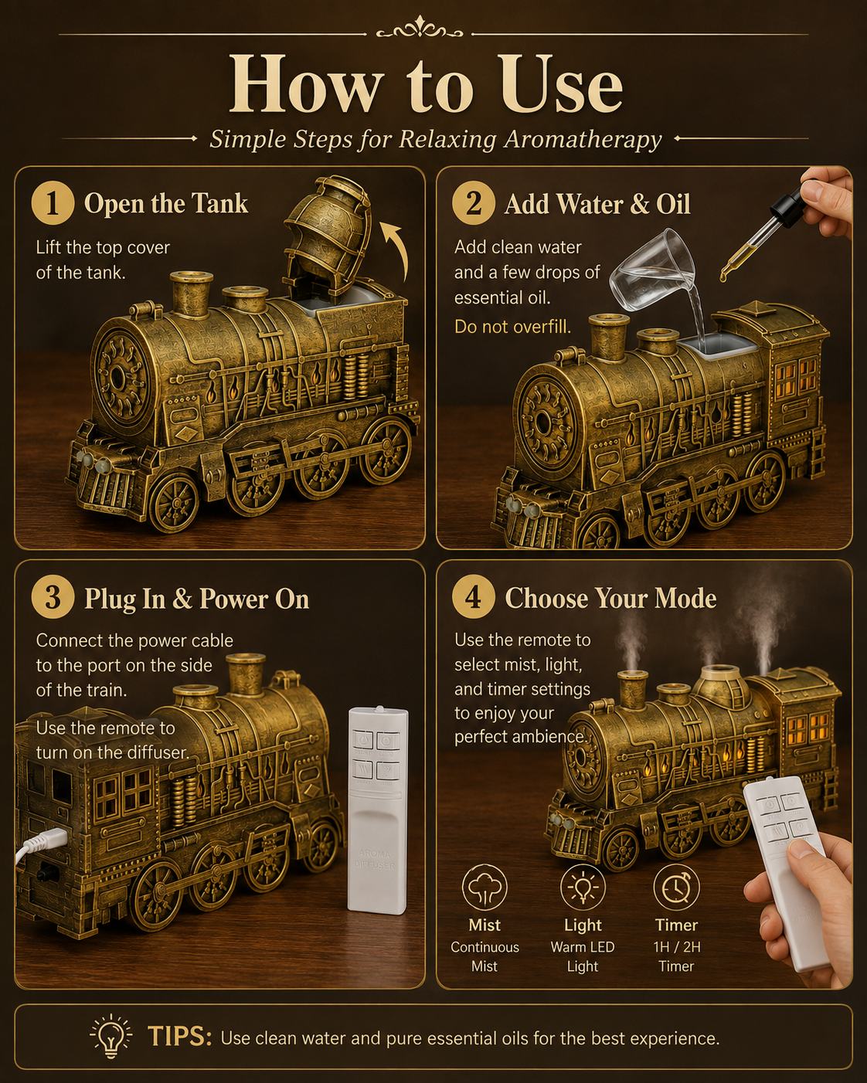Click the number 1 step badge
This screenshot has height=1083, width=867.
click(53, 203)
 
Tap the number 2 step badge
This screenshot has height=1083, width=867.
click(473, 203)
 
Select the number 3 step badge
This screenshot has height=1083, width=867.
click(53, 598)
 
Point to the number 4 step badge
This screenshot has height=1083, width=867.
click(473, 598)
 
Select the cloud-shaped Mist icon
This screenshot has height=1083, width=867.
click(484, 889)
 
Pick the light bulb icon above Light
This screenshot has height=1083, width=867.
click(583, 889)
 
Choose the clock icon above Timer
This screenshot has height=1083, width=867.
click(676, 889)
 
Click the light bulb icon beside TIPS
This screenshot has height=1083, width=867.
click(110, 1036)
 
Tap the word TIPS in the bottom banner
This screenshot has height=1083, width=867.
click(180, 1036)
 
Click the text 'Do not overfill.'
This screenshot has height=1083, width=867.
click(512, 327)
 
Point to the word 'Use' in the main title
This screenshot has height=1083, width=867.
click(560, 86)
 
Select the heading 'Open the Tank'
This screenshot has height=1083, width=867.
click(166, 204)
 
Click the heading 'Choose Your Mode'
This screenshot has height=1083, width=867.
click(610, 599)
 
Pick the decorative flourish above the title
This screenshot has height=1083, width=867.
click(420, 28)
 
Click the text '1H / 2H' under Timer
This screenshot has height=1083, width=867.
click(677, 947)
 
